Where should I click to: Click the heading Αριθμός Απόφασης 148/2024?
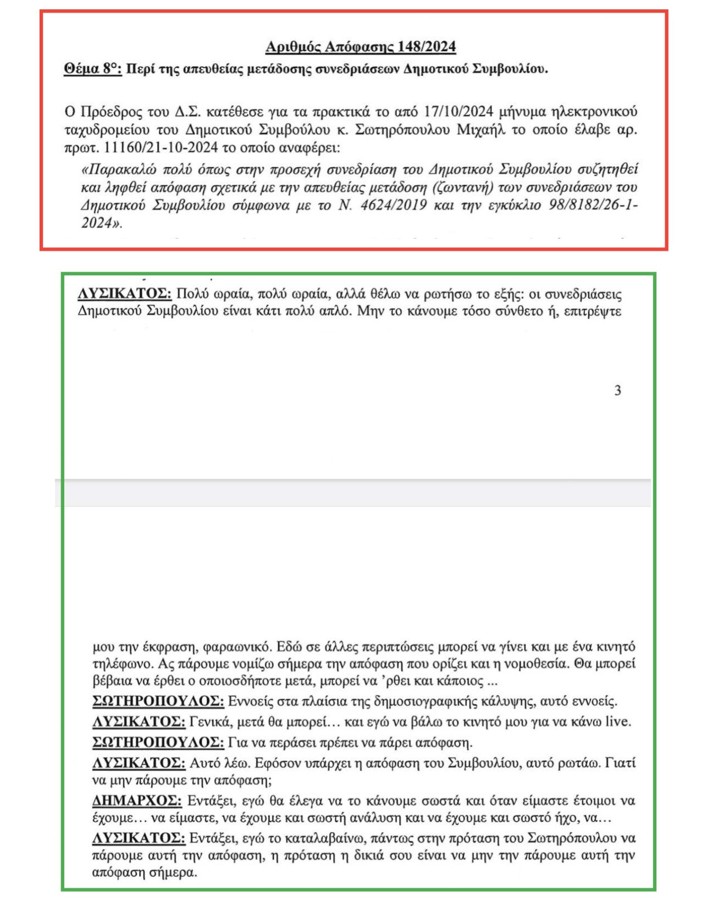click(360, 47)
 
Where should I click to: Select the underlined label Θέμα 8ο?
click(92, 69)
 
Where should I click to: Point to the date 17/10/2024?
click(459, 112)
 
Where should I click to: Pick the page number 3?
click(617, 390)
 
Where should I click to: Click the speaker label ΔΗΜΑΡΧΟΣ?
click(136, 800)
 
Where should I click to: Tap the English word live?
click(618, 721)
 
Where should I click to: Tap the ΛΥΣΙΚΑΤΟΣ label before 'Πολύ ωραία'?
click(125, 294)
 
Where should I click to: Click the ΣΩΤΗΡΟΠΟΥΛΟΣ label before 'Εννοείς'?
click(158, 701)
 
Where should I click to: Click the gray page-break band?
click(352, 493)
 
